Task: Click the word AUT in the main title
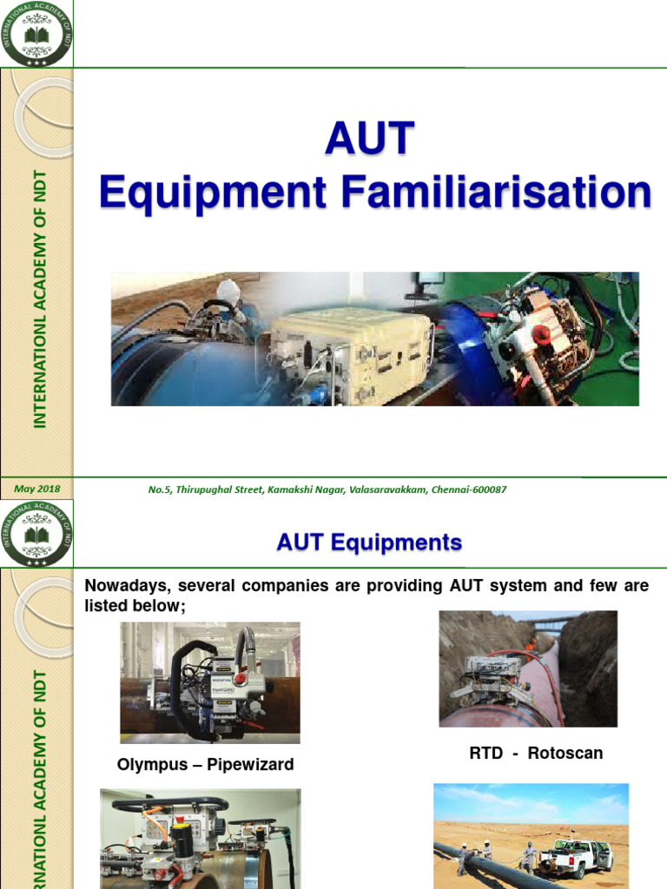click(x=370, y=139)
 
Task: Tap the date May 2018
click(x=37, y=489)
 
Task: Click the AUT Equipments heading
click(x=369, y=543)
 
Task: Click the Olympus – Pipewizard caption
click(x=205, y=765)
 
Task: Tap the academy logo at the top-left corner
click(x=36, y=33)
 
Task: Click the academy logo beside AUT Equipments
click(x=36, y=533)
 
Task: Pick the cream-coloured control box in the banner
click(x=352, y=359)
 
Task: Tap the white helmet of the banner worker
click(x=228, y=289)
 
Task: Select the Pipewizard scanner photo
click(x=209, y=682)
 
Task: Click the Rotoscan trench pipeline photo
click(x=528, y=668)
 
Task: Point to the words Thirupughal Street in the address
click(x=221, y=490)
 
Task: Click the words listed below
click(x=135, y=605)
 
